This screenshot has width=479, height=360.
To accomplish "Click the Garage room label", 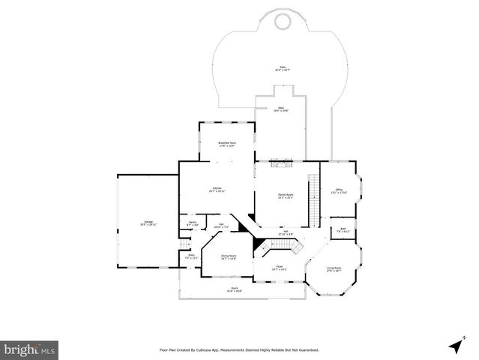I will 148,223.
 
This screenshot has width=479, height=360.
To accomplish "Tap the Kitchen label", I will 217,190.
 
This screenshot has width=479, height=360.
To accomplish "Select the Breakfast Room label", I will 228,144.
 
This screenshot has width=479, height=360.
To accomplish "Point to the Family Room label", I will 285,196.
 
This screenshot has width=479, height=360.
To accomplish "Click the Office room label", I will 339,190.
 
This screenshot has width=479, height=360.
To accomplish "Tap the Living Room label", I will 334,269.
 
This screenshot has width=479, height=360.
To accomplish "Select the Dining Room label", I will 228,257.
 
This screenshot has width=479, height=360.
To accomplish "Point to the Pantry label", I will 192,223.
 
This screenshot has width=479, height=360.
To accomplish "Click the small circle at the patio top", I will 282,22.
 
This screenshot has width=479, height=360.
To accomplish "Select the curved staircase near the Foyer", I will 295,247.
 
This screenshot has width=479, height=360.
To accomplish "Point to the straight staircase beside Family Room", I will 314,199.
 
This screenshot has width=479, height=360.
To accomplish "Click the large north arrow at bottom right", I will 454,346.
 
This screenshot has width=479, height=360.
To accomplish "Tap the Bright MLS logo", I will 29,349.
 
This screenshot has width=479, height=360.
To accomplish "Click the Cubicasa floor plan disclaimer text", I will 239,349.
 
